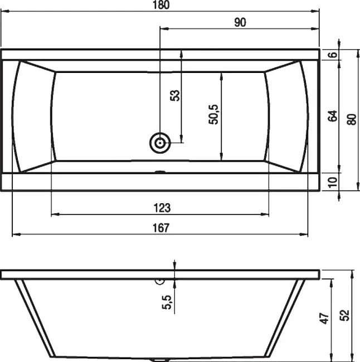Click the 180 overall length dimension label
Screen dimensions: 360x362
coord(161,5)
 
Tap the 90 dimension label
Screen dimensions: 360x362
coord(240,22)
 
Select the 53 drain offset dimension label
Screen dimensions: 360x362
coord(175,95)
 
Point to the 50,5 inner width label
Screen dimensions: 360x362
coord(213,115)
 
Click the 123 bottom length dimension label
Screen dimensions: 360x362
coord(162,208)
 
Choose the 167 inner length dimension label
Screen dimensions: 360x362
coord(161,228)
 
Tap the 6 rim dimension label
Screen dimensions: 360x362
coord(333,55)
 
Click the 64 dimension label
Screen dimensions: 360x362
coord(333,116)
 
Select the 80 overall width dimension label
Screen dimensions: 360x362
coord(352,119)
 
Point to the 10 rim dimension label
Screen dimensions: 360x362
coord(333,182)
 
